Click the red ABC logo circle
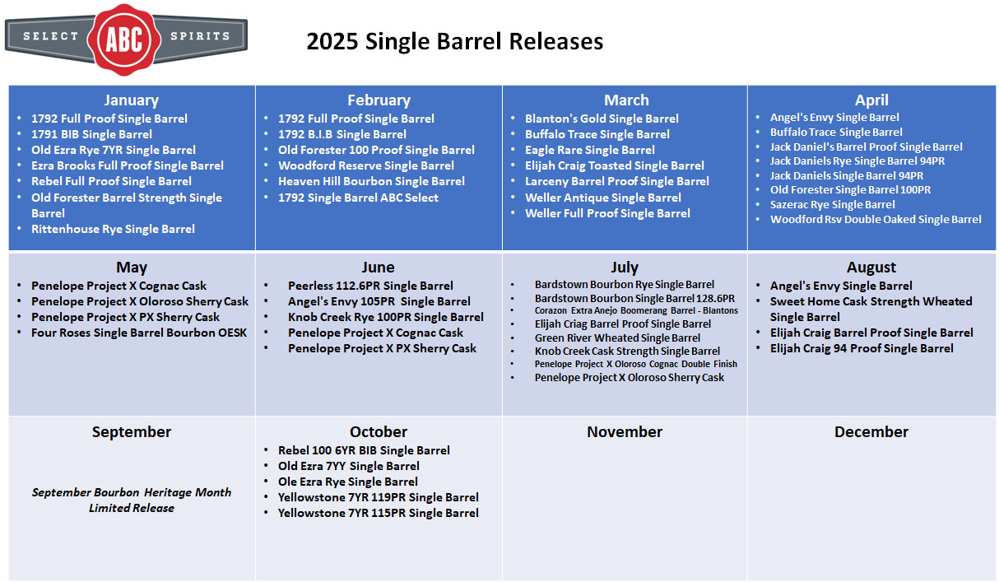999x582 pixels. [x=124, y=40]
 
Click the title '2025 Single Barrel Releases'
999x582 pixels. [x=455, y=41]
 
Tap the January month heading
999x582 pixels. [x=131, y=100]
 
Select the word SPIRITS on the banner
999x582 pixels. [x=200, y=36]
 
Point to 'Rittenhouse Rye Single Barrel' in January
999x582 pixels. [x=113, y=229]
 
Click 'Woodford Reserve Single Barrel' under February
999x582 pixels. [x=366, y=165]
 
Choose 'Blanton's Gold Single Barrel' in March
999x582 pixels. [x=602, y=119]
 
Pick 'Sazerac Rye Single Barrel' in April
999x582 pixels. [x=832, y=205]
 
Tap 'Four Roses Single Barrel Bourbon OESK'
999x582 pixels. [x=139, y=333]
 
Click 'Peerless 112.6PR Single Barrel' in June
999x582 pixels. [x=370, y=286]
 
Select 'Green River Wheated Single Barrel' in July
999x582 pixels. [x=617, y=338]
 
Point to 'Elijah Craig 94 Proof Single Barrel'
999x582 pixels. [x=862, y=348]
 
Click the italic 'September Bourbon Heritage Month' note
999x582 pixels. [x=131, y=492]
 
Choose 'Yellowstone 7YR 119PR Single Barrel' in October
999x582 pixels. [x=379, y=497]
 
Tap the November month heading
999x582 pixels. [x=625, y=431]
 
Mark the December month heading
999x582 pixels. [x=871, y=431]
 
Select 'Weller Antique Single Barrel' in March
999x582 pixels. [x=603, y=198]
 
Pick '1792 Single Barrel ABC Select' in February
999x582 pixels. [x=358, y=198]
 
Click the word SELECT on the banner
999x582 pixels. [x=51, y=36]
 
